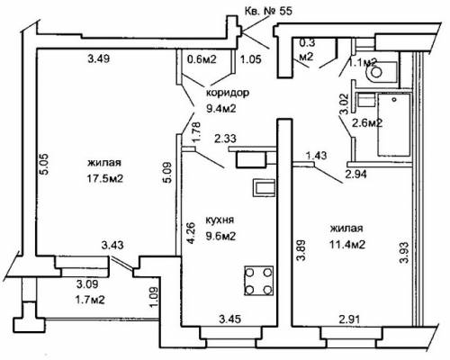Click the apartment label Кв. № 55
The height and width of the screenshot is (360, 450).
pos(268,12)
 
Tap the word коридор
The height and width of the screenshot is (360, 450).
pos(228,93)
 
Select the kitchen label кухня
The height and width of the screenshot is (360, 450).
pos(220,220)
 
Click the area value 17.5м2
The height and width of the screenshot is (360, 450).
pos(105,179)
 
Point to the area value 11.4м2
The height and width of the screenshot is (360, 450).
pos(347,245)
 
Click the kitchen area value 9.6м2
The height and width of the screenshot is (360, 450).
pos(220,237)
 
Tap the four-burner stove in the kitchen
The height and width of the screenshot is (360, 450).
pos(259,281)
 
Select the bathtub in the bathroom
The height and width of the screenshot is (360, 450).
pos(394,124)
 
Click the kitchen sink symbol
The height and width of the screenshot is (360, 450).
pos(264,188)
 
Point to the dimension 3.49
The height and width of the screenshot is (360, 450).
pos(99,58)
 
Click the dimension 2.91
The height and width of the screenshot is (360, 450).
pos(350,319)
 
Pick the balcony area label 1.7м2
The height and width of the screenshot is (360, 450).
pos(90,300)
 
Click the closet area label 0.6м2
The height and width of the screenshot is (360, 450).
pos(202,59)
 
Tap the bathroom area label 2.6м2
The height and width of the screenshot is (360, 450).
pos(367,123)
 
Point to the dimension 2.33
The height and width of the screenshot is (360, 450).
pos(225,139)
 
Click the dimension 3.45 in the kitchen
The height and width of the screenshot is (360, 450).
pos(230,319)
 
